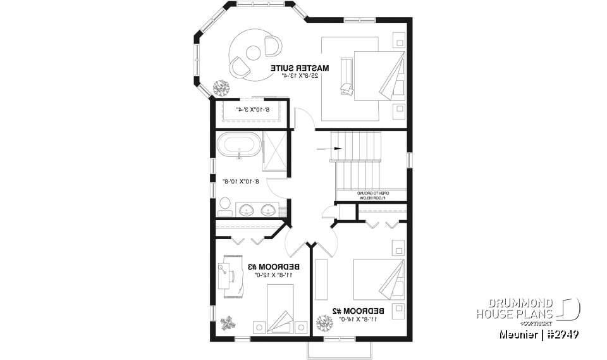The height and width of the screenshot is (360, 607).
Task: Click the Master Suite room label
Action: coord(300,67)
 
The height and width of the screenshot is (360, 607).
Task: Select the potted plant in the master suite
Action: coord(221,88)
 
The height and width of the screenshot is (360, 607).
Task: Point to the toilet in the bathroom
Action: coord(224,205)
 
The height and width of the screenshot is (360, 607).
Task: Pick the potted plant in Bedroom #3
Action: coord(227,324)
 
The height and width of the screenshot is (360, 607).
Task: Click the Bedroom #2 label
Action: coord(359,311)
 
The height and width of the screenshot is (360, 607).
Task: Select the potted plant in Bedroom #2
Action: coord(324,324)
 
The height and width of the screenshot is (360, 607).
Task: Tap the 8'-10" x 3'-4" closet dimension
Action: coord(252,109)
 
